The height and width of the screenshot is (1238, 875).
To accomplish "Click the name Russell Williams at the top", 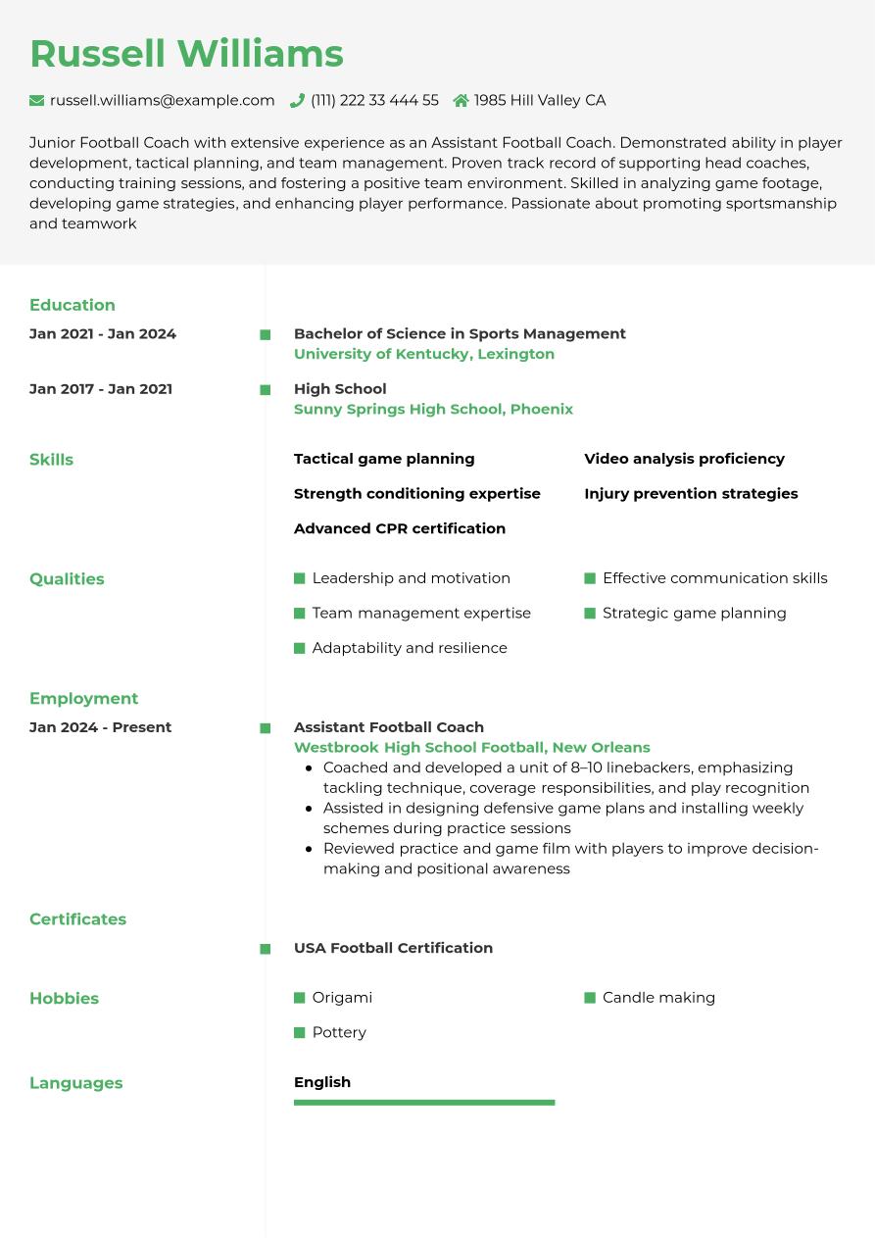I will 186,54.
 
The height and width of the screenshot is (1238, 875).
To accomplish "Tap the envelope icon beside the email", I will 37,100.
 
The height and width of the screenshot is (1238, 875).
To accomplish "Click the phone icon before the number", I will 297,100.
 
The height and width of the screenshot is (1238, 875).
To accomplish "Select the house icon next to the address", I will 461,100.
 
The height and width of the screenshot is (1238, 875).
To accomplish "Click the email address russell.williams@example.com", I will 162,100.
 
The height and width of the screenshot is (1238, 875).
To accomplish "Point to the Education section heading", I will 73,305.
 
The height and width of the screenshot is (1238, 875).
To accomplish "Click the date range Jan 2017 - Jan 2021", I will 101,389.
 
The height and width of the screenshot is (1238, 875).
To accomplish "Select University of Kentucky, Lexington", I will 424,354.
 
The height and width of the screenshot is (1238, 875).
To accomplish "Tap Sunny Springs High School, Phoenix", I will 433,409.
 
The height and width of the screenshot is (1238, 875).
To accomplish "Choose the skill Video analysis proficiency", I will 684,459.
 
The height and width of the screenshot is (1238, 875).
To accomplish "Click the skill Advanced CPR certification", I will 400,528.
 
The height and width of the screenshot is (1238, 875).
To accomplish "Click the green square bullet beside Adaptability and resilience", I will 300,648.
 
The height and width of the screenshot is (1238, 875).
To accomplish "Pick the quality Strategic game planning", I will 694,613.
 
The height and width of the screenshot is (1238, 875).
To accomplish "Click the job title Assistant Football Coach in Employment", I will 389,727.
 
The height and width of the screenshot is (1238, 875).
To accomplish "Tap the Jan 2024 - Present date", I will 100,727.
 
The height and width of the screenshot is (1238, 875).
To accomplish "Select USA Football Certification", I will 393,948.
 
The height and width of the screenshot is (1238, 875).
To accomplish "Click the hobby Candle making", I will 658,998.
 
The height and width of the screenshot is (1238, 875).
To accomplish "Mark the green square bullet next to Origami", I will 300,998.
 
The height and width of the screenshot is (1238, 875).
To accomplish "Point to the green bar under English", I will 424,1103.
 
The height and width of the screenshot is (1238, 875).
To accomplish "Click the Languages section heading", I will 76,1083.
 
